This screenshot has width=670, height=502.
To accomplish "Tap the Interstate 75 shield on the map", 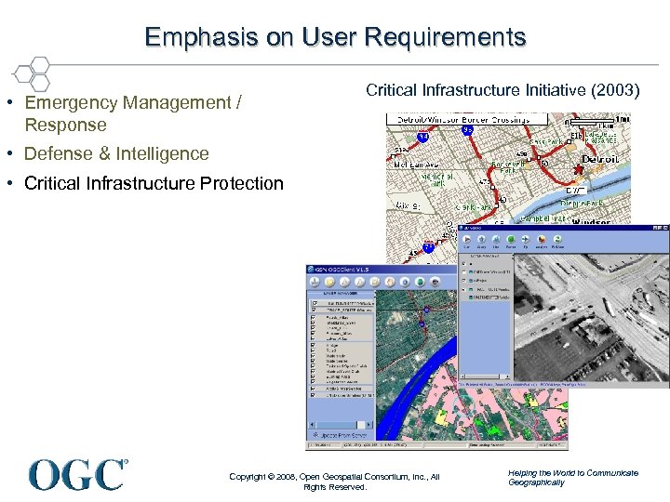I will tap(428, 247).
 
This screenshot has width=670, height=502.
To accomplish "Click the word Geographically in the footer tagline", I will tap(536, 482).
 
